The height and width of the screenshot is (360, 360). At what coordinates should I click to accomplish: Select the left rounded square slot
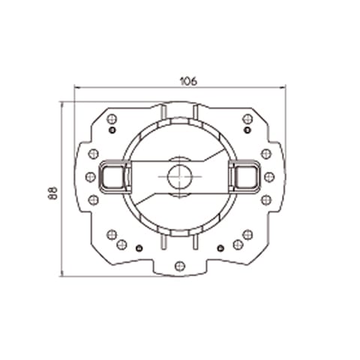point(112,177)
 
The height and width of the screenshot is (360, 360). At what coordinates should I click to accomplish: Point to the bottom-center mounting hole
point(178,265)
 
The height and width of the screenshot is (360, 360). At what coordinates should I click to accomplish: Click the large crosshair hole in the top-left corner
point(111,118)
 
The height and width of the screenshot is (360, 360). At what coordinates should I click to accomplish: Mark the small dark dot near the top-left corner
point(112,130)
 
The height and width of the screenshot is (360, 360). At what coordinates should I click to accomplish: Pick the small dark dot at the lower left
point(138,247)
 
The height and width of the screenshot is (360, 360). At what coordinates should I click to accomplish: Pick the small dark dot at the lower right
point(220,247)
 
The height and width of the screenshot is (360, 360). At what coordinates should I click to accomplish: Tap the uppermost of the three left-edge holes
point(93,154)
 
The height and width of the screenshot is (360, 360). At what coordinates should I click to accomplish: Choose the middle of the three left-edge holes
point(90,177)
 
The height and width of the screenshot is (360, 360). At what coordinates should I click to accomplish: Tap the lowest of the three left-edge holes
point(93,200)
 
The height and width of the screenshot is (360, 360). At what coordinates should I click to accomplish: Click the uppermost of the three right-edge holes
point(265,154)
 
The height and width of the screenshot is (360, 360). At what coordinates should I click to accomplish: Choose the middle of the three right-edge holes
point(268,177)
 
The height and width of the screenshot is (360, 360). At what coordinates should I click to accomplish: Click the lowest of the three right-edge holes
point(265,200)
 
